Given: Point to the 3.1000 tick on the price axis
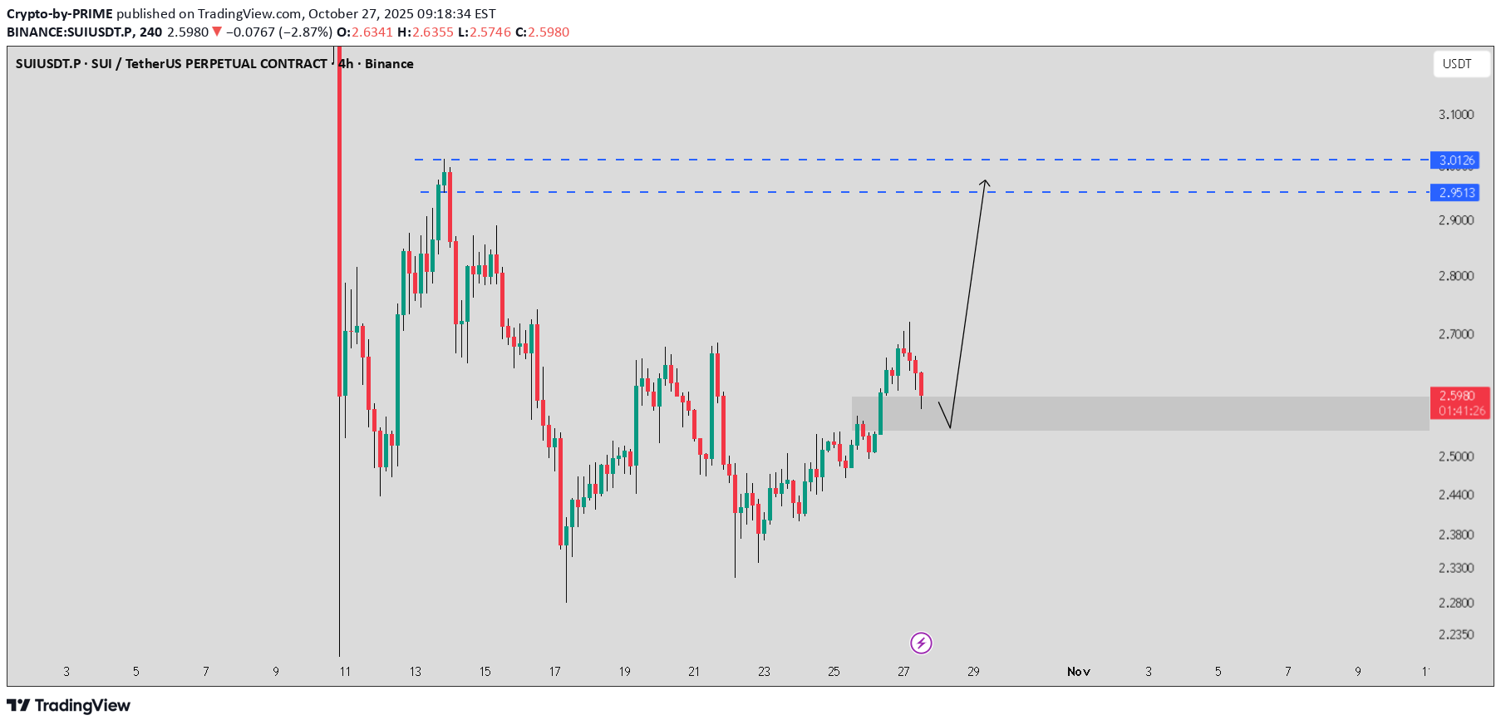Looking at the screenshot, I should pos(1456,115).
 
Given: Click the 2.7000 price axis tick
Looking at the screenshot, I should pos(1456,334).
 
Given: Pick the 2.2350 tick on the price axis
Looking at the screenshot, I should pos(1456,634).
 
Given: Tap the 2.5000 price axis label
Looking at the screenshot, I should pos(1456,456).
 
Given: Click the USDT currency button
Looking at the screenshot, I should pos(1457,64).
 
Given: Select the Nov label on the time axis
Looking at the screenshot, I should pos(1078,672).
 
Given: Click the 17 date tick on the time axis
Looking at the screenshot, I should pos(555,672).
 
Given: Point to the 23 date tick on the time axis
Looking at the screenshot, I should pos(764,672).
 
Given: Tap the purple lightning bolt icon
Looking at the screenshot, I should pos(921,643).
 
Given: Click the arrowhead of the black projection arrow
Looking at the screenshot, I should pos(985,182).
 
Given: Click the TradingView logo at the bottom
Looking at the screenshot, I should pos(69,706).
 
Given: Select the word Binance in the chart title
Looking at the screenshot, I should pos(389,64).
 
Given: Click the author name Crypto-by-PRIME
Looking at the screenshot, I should pos(60,14).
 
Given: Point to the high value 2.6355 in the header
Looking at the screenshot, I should pos(433,32).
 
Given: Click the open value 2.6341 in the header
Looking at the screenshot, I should pos(372,32).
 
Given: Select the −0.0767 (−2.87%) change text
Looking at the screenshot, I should pos(278,32).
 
